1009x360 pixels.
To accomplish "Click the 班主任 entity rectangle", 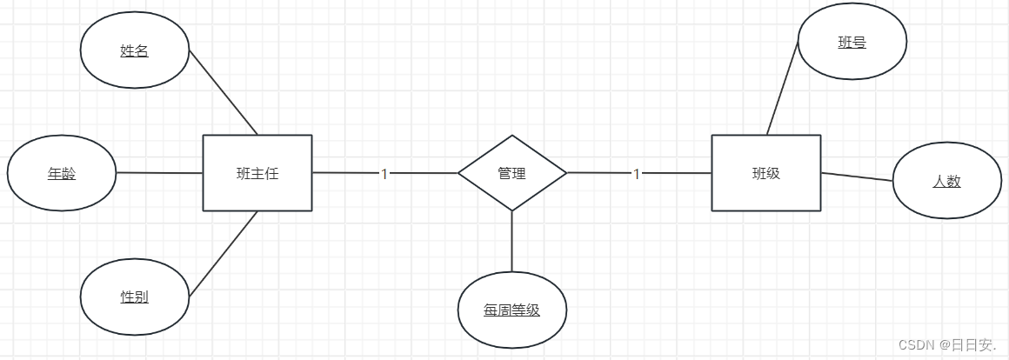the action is point(257,173).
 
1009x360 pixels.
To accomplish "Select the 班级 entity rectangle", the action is point(765,173).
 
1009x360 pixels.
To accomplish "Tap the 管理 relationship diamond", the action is point(511,173).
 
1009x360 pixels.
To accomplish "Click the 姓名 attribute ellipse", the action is point(134,50).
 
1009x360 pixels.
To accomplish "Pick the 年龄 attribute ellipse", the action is point(61,173).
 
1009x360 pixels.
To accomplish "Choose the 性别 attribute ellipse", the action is point(134,297).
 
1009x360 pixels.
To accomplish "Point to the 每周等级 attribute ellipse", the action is point(511,310).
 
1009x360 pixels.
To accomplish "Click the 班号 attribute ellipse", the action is point(852,42).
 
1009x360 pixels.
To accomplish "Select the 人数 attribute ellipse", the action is point(946,181).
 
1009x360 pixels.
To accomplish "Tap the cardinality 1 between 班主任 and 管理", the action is point(384,174).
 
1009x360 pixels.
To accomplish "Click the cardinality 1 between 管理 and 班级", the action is point(636,174).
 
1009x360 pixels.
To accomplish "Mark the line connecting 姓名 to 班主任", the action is point(223,92).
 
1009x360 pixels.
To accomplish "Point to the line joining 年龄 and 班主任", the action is point(159,173).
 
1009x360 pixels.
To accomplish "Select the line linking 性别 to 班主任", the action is point(223,254).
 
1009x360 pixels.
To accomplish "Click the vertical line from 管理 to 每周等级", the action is point(511,241).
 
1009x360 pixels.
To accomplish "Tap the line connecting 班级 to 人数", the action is point(857,177).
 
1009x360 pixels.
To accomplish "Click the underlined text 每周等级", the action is point(511,310).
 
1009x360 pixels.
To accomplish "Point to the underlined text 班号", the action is point(852,42).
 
